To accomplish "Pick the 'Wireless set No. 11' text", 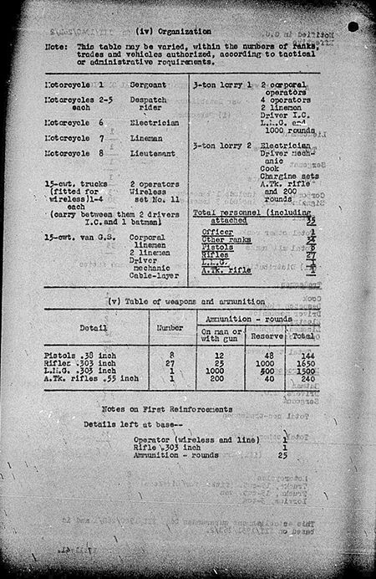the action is pyautogui.click(x=155, y=195).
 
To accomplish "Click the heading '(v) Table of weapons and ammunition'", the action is pyautogui.click(x=182, y=300).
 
